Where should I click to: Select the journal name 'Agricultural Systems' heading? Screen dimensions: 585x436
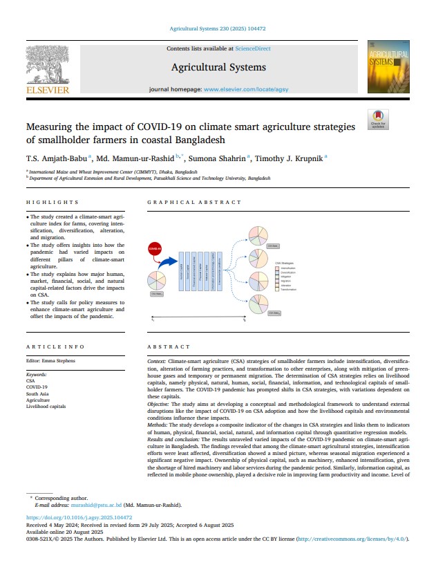tap(218, 68)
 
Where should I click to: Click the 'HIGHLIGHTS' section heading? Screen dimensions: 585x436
tap(53, 203)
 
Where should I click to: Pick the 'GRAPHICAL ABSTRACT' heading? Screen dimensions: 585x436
tap(194, 203)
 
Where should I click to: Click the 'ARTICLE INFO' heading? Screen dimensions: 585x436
tap(55, 346)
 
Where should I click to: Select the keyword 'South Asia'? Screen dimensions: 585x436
tap(38, 393)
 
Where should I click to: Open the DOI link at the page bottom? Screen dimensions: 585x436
tap(79, 517)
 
